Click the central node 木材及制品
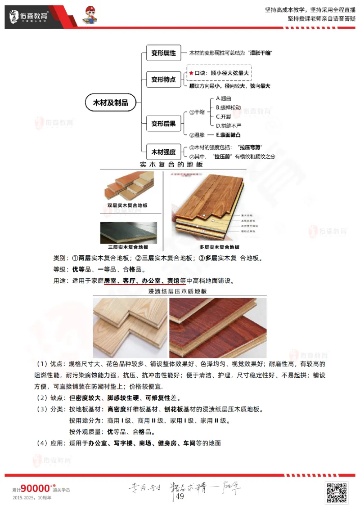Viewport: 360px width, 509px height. [x=110, y=103]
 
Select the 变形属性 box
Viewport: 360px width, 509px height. [x=163, y=53]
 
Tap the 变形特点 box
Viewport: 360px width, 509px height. [x=163, y=79]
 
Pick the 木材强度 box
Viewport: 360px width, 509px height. [x=163, y=151]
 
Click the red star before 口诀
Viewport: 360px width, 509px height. [x=191, y=72]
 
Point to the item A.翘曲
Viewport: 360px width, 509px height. [x=224, y=98]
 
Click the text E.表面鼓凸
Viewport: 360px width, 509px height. [x=228, y=134]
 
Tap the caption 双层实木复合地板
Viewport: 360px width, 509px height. [x=127, y=205]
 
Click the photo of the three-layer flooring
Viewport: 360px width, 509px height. [x=128, y=232]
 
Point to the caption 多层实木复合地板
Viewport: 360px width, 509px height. [x=219, y=247]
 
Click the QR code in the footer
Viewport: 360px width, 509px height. [x=337, y=492]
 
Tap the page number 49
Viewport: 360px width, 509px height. [x=180, y=496]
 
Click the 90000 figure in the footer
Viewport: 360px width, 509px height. [x=35, y=488]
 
